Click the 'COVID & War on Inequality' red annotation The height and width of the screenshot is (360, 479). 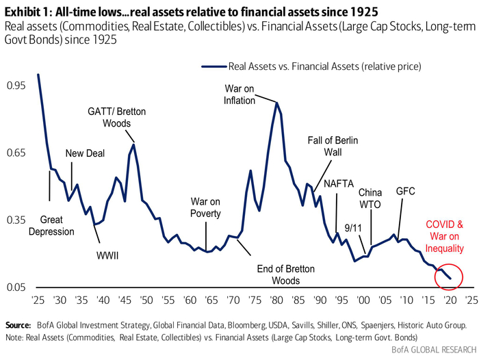[x=445, y=236]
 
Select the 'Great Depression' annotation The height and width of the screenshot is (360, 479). [x=56, y=226]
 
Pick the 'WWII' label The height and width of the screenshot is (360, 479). [x=107, y=255]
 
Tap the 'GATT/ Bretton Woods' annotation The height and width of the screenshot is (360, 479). [x=116, y=117]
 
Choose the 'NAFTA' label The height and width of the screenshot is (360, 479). [x=339, y=183]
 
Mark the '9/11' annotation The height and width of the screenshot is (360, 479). [x=353, y=227]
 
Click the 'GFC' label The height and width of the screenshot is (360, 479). [x=406, y=192]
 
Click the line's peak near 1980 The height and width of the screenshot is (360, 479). [x=276, y=103]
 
